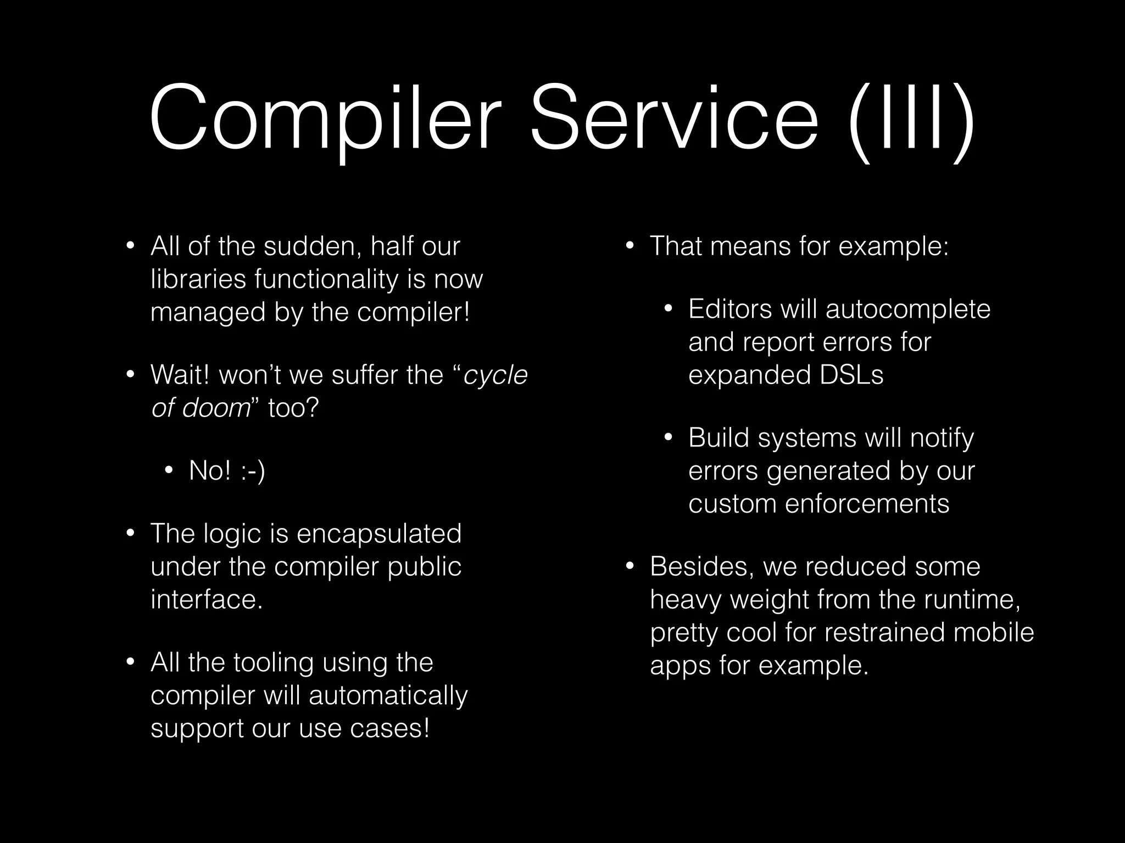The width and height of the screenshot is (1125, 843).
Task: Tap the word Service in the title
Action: pyautogui.click(x=673, y=118)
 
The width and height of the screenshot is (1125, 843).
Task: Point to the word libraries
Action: pyautogui.click(x=198, y=279)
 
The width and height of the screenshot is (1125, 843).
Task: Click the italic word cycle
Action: pyautogui.click(x=495, y=375)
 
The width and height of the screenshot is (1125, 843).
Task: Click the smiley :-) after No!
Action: pyautogui.click(x=253, y=471)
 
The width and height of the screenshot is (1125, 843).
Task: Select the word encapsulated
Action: pyautogui.click(x=379, y=533)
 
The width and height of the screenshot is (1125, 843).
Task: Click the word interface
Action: pyautogui.click(x=206, y=599)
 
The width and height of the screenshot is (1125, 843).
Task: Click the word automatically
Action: pyautogui.click(x=388, y=695)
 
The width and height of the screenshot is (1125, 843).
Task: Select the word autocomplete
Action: pyautogui.click(x=907, y=309)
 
